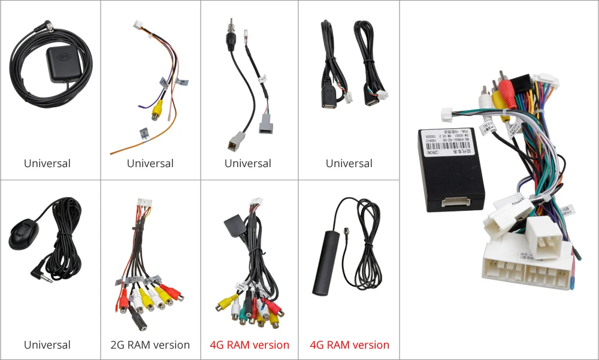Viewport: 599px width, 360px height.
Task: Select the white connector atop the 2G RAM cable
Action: [x=144, y=205]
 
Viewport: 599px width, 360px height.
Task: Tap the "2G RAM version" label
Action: [x=150, y=345]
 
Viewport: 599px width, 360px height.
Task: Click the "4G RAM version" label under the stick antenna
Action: [x=349, y=345]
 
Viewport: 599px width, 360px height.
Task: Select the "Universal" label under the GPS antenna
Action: [x=47, y=164]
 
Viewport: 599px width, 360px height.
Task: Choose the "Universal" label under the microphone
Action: [x=47, y=345]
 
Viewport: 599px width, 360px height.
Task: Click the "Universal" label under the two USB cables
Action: [x=349, y=164]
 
